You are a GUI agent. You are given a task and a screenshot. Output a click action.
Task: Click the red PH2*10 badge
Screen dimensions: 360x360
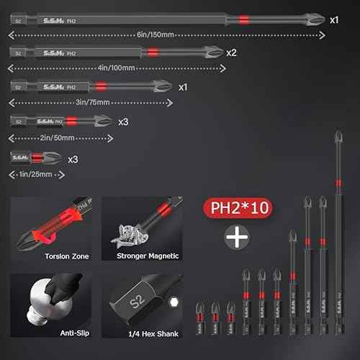click(234, 210)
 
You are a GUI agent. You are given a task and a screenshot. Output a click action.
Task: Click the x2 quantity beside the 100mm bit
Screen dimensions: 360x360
click(231, 53)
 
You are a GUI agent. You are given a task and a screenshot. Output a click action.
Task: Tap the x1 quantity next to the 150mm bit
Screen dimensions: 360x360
click(334, 20)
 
